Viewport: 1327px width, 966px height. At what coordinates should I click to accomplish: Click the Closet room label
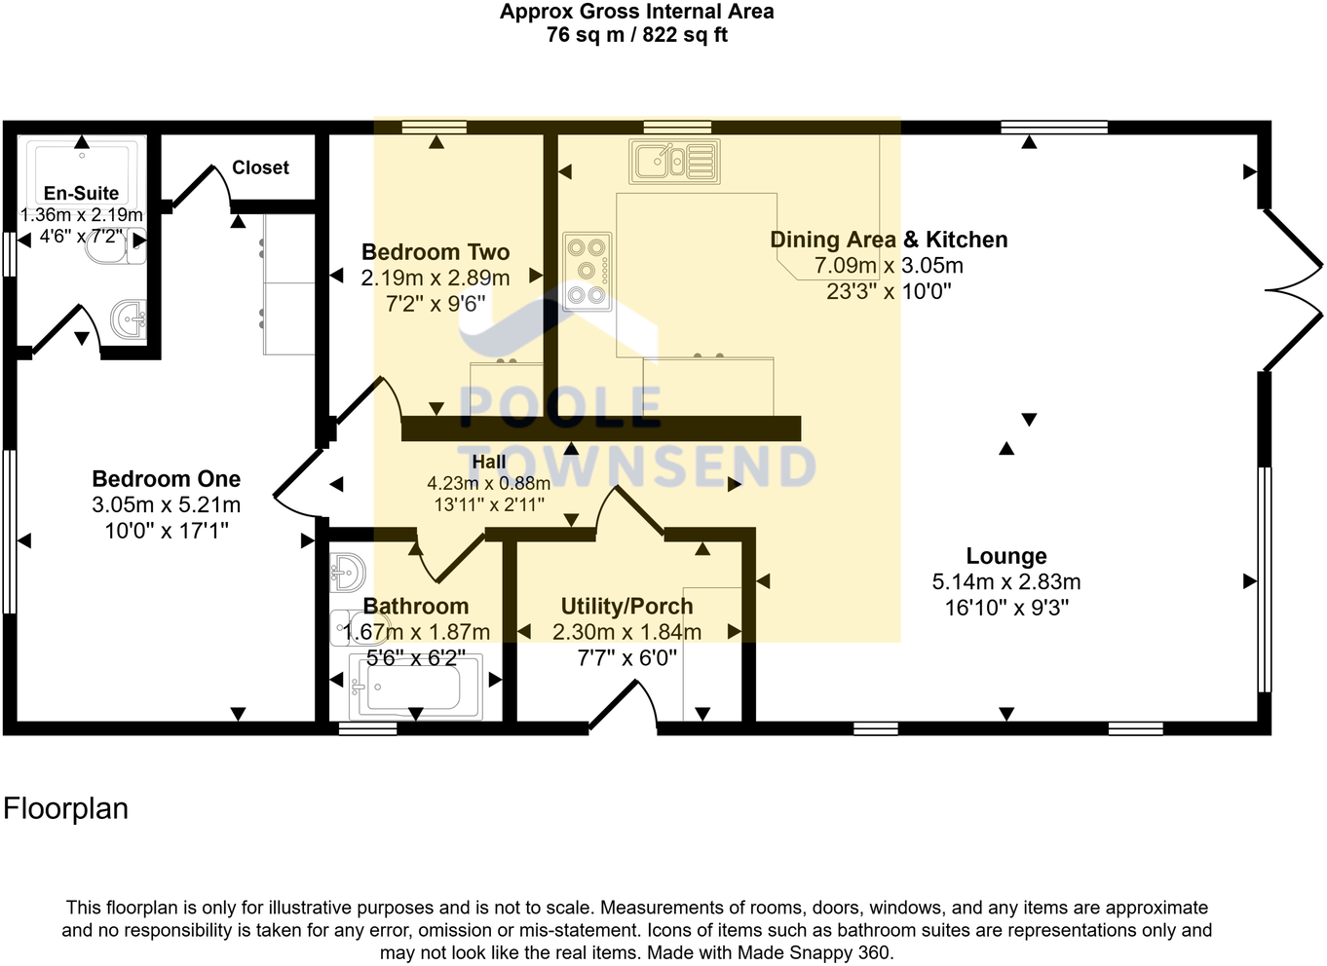point(260,167)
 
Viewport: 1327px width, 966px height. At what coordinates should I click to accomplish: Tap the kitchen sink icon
point(674,162)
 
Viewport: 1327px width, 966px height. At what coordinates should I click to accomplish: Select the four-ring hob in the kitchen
point(588,272)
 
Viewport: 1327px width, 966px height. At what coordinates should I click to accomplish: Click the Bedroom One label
point(166,479)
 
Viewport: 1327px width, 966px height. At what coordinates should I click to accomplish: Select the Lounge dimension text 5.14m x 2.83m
point(1005,582)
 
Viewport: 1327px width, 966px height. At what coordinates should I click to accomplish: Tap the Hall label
point(489,462)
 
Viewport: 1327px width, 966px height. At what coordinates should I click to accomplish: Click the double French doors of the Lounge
point(1294,289)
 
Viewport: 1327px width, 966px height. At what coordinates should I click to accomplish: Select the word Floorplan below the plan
point(66,809)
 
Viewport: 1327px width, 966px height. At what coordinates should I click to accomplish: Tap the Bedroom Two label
point(436,252)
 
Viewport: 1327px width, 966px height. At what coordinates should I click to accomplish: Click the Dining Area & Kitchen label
point(888,240)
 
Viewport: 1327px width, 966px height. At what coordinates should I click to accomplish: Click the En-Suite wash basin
point(128,319)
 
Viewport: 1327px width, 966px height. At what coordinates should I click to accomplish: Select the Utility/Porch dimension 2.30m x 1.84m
point(626,632)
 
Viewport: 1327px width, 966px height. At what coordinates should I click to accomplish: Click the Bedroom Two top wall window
point(435,127)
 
